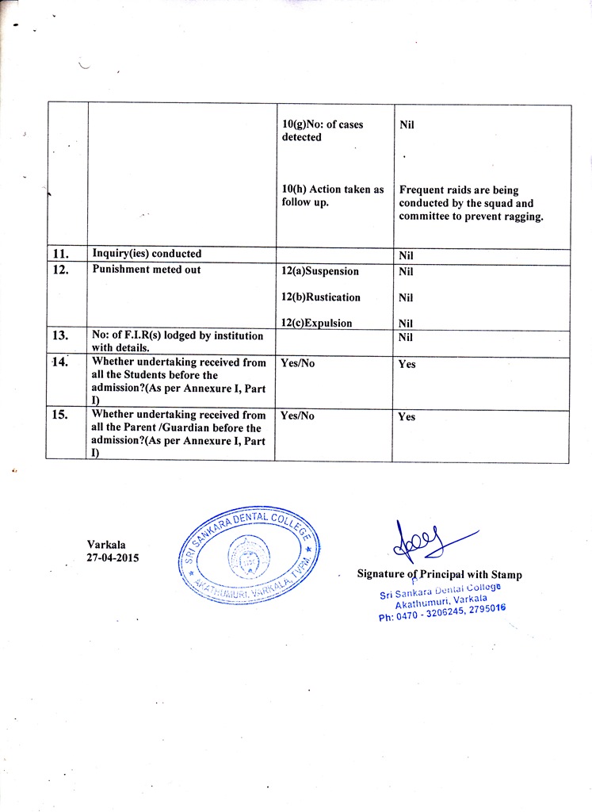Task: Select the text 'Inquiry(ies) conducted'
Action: point(147,254)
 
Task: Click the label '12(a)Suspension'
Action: point(320,271)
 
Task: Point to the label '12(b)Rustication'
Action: point(321,297)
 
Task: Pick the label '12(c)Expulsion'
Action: point(317,323)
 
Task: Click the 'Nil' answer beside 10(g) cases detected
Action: point(407,125)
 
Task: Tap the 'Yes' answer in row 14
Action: point(407,365)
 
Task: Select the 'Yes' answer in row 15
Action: point(407,417)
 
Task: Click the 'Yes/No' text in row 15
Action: point(298,416)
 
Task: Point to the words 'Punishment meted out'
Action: point(147,270)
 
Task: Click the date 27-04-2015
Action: point(113,558)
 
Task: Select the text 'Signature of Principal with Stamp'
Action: point(439,574)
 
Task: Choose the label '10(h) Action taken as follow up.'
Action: point(333,196)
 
